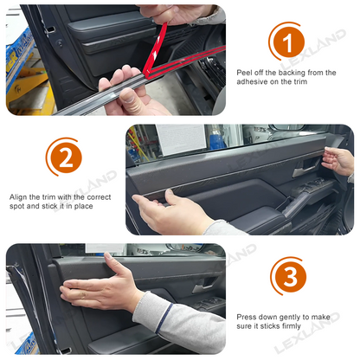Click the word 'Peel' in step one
(x=245, y=73)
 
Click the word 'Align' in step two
(x=20, y=196)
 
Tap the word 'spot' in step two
(x=20, y=206)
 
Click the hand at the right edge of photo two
(x=339, y=161)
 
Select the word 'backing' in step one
(x=288, y=73)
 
